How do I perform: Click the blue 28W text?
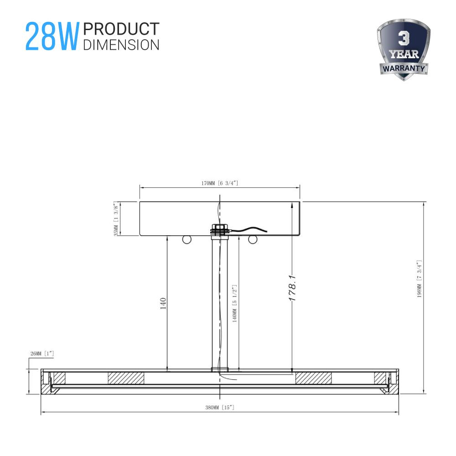(52, 36)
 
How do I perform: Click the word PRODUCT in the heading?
(121, 29)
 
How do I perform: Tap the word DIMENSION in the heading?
(121, 44)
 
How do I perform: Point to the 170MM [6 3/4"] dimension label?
(220, 183)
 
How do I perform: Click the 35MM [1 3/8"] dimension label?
(116, 219)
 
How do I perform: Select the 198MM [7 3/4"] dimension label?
(419, 279)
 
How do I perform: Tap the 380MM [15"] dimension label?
(220, 407)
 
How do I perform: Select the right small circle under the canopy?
(253, 239)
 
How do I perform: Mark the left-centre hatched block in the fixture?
(126, 378)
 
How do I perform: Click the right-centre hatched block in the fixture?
(313, 378)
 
